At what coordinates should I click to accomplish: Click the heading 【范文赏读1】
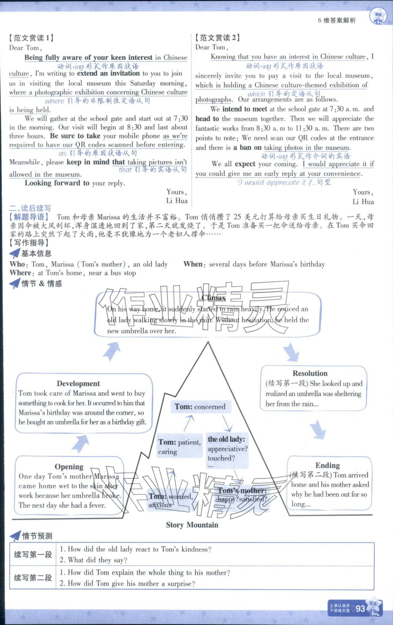tap(31, 38)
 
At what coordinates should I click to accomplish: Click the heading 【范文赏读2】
tap(217, 37)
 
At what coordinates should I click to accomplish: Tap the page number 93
tap(360, 608)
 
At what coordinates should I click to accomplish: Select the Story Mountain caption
tap(192, 525)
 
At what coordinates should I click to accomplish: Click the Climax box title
tap(213, 298)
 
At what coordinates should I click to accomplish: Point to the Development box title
tap(78, 383)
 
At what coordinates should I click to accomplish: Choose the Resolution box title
tap(310, 373)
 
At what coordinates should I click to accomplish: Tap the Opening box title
tap(69, 467)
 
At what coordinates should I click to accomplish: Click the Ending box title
tap(327, 465)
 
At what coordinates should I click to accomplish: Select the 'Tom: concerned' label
tap(200, 406)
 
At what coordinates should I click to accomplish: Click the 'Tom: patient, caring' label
tap(179, 447)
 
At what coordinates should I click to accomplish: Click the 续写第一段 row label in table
tap(33, 555)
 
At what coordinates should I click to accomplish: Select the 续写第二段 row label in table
tap(33, 578)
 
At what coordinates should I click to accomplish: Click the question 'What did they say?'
tap(93, 560)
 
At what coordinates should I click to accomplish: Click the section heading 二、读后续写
tap(30, 208)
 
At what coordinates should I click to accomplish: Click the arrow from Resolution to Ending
tap(318, 429)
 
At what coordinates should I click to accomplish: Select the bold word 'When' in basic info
tap(193, 264)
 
